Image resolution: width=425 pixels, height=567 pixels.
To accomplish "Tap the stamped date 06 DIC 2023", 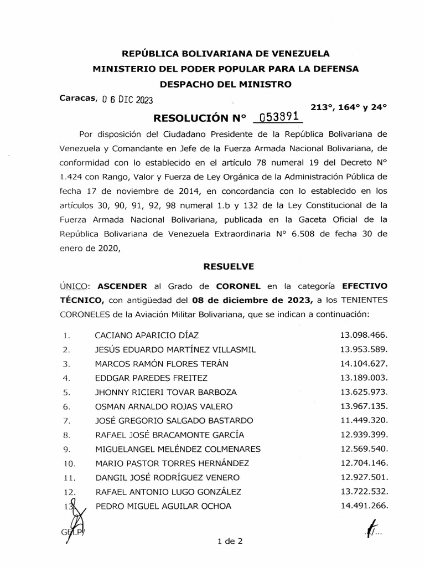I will [x=128, y=100].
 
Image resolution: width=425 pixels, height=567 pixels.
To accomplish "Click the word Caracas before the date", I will [x=77, y=99].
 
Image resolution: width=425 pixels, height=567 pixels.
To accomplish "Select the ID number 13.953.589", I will [x=363, y=349].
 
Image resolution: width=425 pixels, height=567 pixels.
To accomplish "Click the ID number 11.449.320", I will [x=363, y=420].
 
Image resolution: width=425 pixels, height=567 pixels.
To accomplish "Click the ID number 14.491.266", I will [x=363, y=505].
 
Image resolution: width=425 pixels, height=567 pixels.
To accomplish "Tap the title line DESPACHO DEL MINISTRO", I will [x=225, y=84].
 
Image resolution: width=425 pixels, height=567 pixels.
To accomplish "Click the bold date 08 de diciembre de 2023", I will [x=251, y=300].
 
